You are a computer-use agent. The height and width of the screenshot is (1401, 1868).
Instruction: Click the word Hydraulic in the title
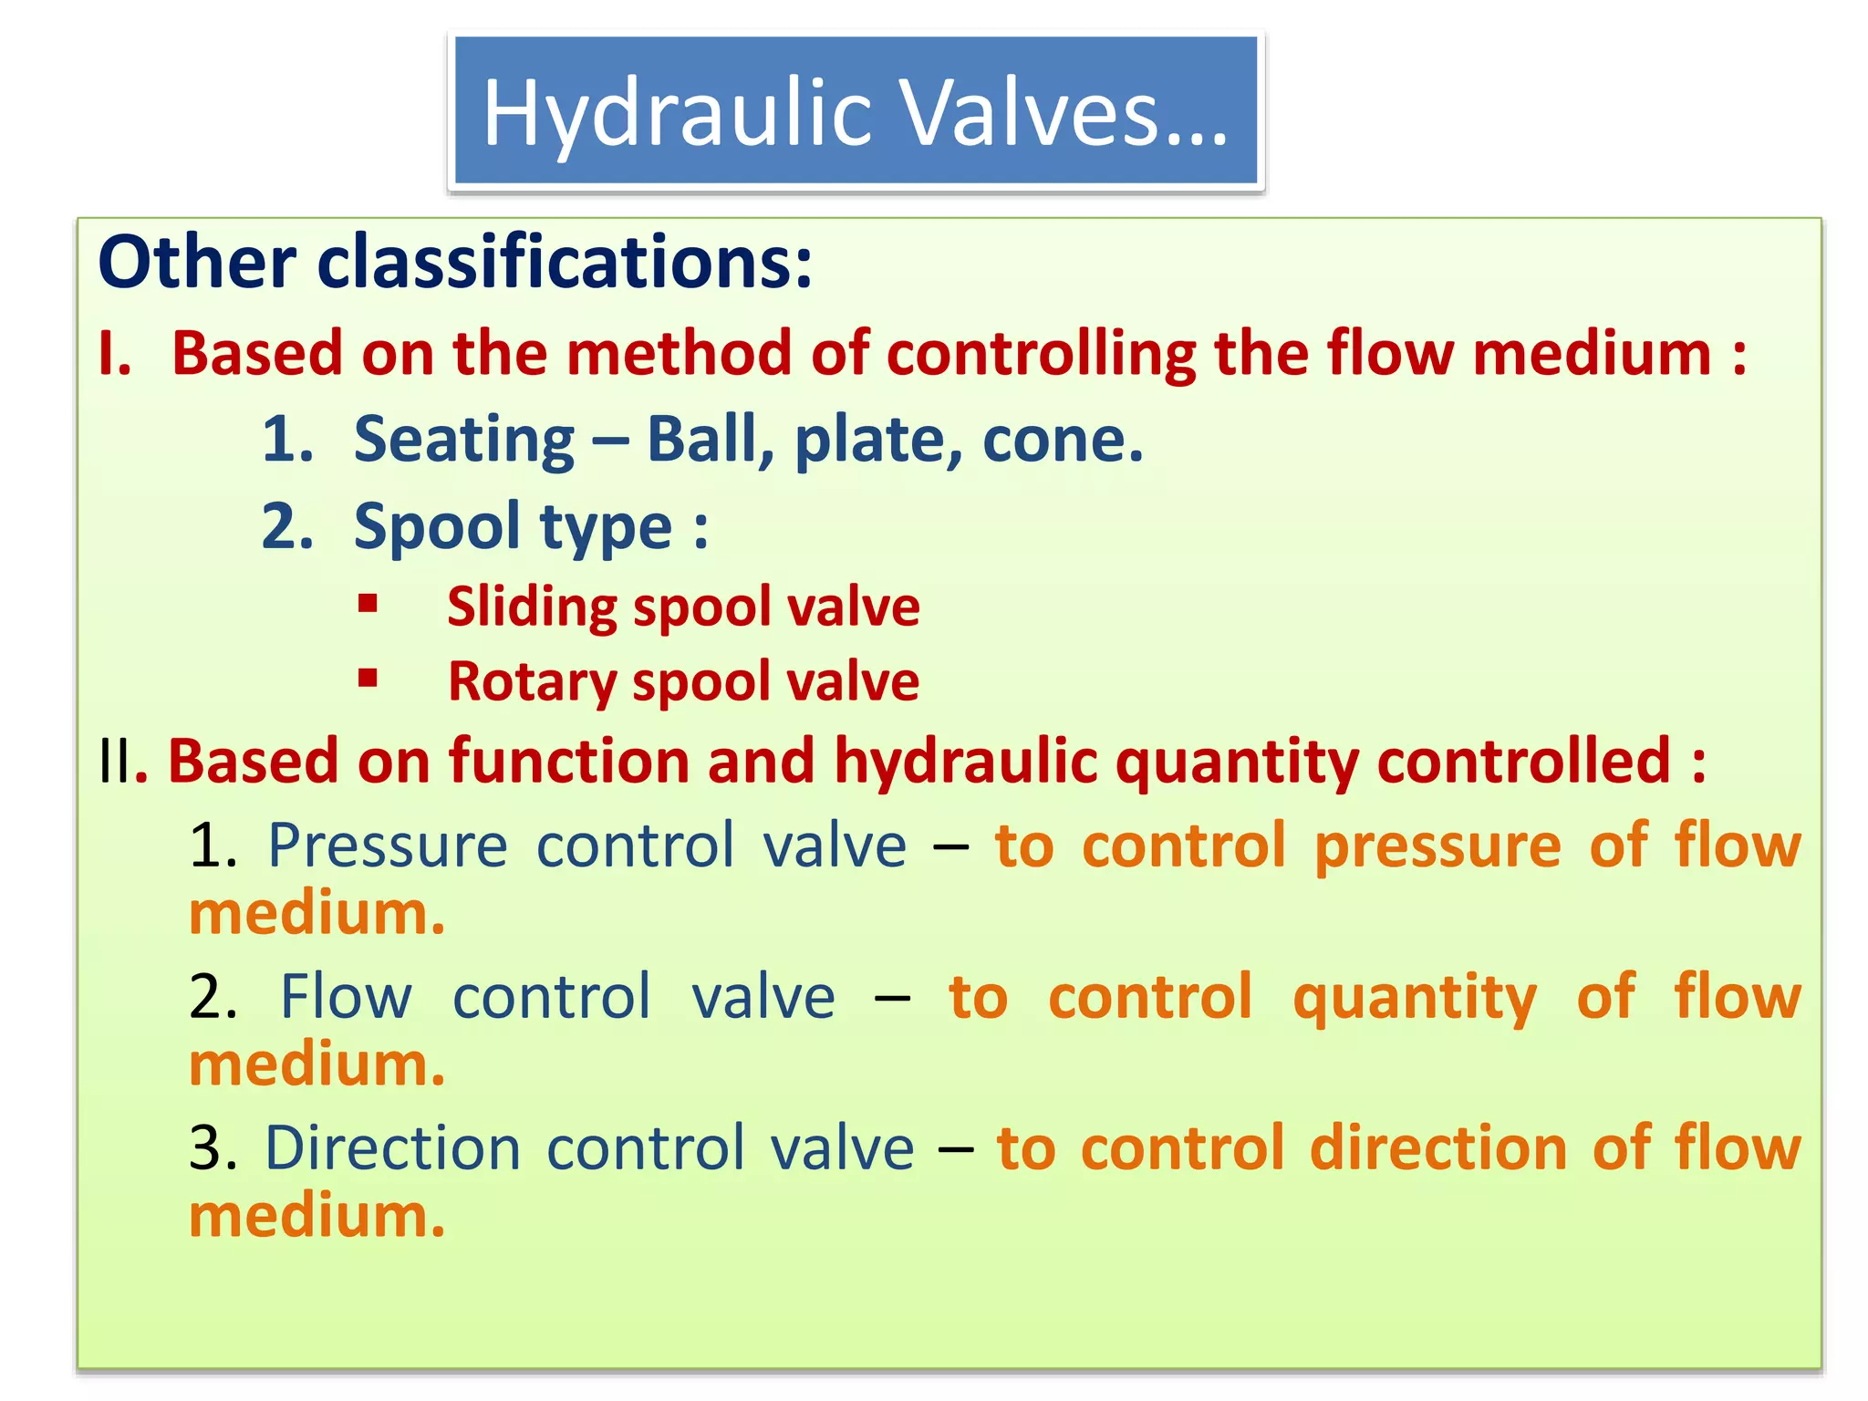coord(679,113)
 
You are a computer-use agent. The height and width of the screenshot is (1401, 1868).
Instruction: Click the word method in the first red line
coord(679,354)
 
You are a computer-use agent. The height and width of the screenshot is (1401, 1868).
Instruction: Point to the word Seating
coord(463,440)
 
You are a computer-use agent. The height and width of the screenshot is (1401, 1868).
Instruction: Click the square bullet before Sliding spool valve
coord(368,603)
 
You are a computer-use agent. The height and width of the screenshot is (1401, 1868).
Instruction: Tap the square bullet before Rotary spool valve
coord(368,678)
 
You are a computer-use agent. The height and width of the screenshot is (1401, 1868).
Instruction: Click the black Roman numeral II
coord(115,762)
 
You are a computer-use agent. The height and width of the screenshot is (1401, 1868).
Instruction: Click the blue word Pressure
coord(387,846)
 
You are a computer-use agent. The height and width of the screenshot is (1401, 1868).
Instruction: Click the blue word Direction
coord(392,1147)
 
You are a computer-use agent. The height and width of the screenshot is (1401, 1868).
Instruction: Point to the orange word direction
coord(1438,1147)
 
